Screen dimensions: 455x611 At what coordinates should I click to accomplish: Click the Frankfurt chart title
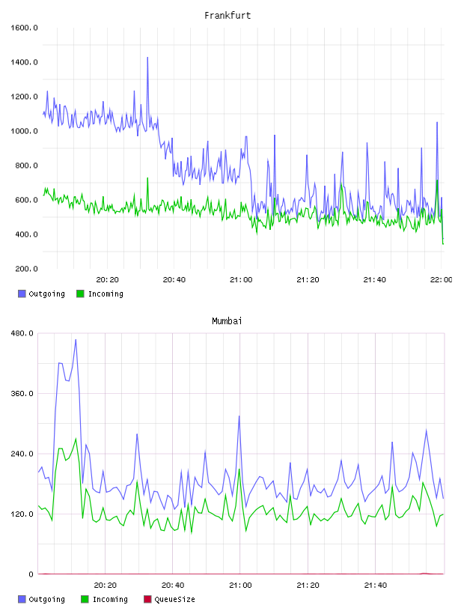tap(227, 16)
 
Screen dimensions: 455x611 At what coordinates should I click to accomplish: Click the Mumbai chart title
tap(227, 321)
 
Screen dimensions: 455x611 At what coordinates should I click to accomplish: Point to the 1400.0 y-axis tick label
tap(24, 62)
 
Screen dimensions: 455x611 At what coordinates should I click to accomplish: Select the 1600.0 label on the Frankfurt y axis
tap(24, 28)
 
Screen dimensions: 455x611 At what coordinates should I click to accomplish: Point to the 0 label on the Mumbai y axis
tap(31, 574)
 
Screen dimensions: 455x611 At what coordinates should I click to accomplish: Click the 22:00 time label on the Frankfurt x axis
tap(442, 280)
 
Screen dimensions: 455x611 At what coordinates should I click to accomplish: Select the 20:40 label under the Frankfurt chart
tap(174, 280)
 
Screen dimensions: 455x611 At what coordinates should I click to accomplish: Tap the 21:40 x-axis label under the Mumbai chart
tap(375, 586)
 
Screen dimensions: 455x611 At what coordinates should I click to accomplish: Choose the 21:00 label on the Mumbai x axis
tap(240, 586)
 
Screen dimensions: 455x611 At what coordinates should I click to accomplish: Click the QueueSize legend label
tap(174, 599)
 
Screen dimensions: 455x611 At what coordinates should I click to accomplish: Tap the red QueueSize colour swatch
tap(147, 599)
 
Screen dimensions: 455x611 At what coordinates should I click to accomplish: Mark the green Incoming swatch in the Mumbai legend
tap(85, 599)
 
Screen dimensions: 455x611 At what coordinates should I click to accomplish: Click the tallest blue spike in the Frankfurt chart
tap(147, 58)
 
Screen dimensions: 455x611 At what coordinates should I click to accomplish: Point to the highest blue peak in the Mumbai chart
tap(76, 340)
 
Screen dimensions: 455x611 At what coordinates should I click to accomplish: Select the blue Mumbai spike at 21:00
tap(239, 416)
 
